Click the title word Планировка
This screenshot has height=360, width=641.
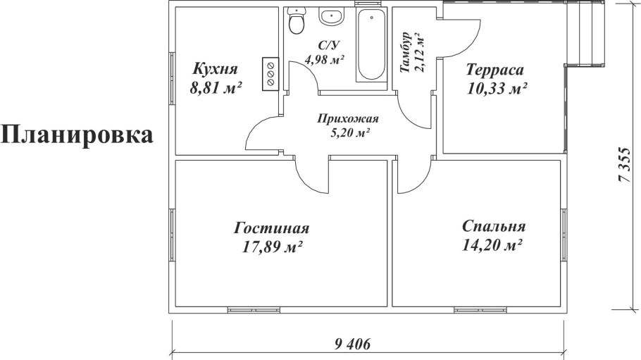[77, 135]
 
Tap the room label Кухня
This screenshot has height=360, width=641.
[216, 69]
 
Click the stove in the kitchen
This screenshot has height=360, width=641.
[270, 73]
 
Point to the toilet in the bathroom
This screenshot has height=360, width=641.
[297, 22]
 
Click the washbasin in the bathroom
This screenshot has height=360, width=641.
[330, 16]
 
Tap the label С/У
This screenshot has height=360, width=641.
[326, 45]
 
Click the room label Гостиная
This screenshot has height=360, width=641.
[272, 228]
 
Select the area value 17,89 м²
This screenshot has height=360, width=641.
[272, 247]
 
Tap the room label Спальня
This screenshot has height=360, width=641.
[494, 227]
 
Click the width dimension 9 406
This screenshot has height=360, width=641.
[351, 344]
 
